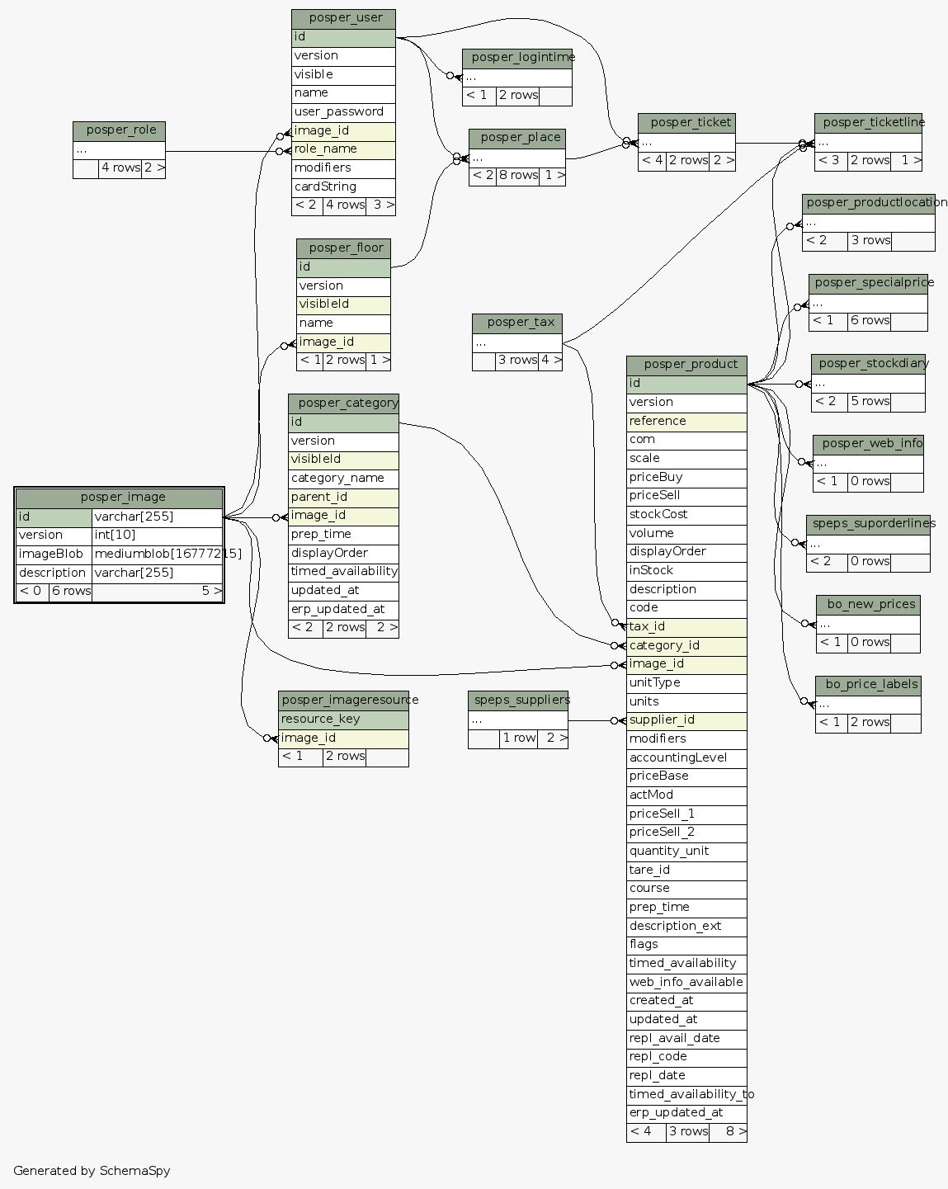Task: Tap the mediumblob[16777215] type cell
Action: [x=157, y=554]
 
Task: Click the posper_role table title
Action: [x=120, y=130]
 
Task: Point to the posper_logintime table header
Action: [x=517, y=58]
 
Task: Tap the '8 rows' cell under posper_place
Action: [x=517, y=176]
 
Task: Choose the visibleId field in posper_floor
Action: [x=342, y=304]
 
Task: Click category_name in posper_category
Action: [x=342, y=479]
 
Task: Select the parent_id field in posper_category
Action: [x=342, y=497]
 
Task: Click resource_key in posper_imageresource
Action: [x=342, y=719]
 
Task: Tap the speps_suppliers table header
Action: [x=518, y=701]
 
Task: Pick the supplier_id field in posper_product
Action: [x=686, y=720]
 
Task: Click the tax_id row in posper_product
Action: [x=686, y=627]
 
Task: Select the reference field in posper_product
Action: [x=686, y=422]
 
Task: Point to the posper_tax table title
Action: [x=517, y=323]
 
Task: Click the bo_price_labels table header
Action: [x=868, y=685]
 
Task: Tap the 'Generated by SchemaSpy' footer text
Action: [x=92, y=1171]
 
